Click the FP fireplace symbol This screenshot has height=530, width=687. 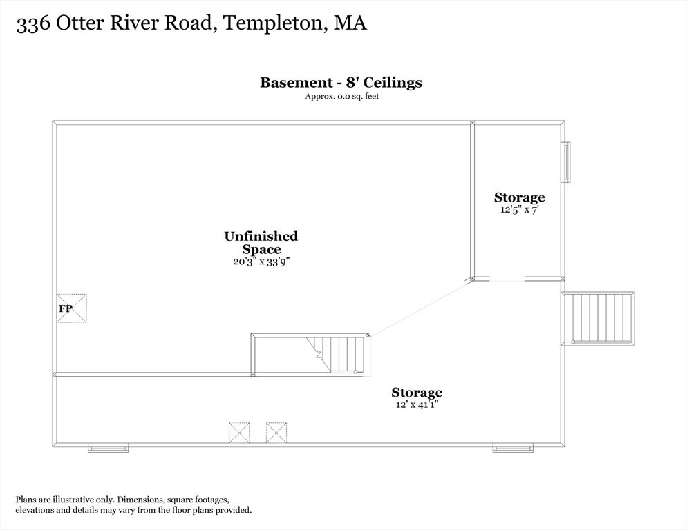point(71,308)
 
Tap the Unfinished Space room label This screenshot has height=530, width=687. point(261,242)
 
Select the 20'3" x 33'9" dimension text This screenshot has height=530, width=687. point(261,262)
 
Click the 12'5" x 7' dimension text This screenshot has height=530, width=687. point(519,210)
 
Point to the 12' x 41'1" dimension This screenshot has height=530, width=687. point(417,405)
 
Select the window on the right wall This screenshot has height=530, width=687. point(567,162)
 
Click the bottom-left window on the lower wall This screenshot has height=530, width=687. point(109,448)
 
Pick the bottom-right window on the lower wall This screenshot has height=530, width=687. point(513,448)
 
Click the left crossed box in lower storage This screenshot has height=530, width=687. point(239,433)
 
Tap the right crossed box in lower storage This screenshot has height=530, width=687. point(276,433)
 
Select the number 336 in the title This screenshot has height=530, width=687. point(33,25)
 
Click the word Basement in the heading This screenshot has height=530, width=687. point(297,82)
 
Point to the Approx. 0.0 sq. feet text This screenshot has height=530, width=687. point(342,97)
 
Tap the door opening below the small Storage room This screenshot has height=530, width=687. point(507,279)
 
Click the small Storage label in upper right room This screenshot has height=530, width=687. point(520,197)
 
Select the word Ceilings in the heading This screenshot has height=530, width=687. point(393,83)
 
